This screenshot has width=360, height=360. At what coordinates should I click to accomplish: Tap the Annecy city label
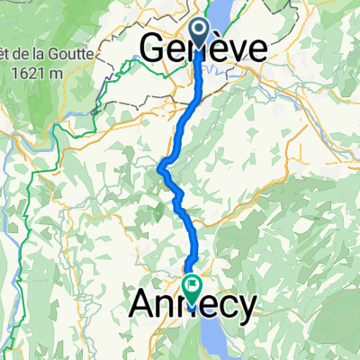tap(193, 303)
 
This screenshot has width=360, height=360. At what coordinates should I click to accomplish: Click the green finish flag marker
tap(193, 287)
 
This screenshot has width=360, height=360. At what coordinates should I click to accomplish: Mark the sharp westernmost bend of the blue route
tap(161, 166)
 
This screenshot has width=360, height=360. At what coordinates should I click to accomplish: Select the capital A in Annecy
tap(144, 303)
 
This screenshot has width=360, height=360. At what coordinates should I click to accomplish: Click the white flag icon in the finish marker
tap(193, 284)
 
